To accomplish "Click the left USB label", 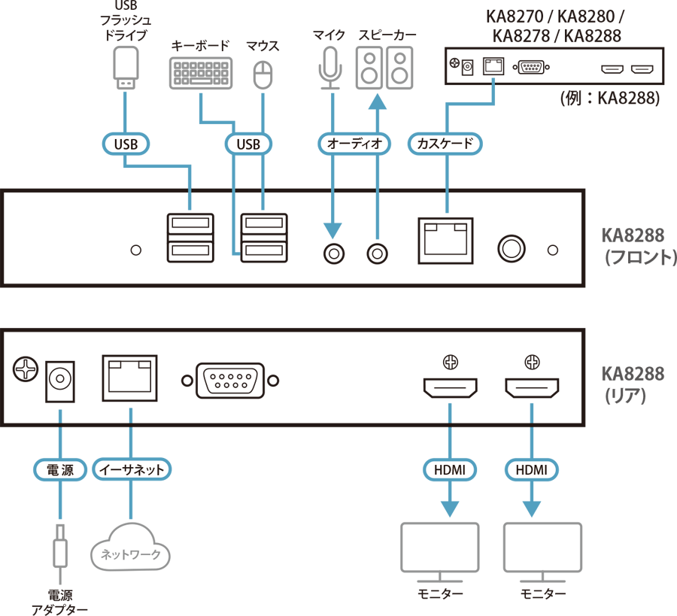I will click(x=126, y=144).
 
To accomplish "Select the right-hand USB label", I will click(x=247, y=144).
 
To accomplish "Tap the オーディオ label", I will click(x=354, y=144).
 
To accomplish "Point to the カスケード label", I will click(x=445, y=144).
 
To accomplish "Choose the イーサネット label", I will click(x=132, y=470).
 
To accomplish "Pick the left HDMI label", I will click(x=450, y=470).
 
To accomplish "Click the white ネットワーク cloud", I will click(x=130, y=554).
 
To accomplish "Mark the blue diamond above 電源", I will click(x=60, y=414).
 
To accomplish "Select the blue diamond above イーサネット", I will click(x=131, y=414).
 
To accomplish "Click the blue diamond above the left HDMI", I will click(x=450, y=412).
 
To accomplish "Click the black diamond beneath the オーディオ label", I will click(x=352, y=194).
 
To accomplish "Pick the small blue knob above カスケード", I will click(x=493, y=79).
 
